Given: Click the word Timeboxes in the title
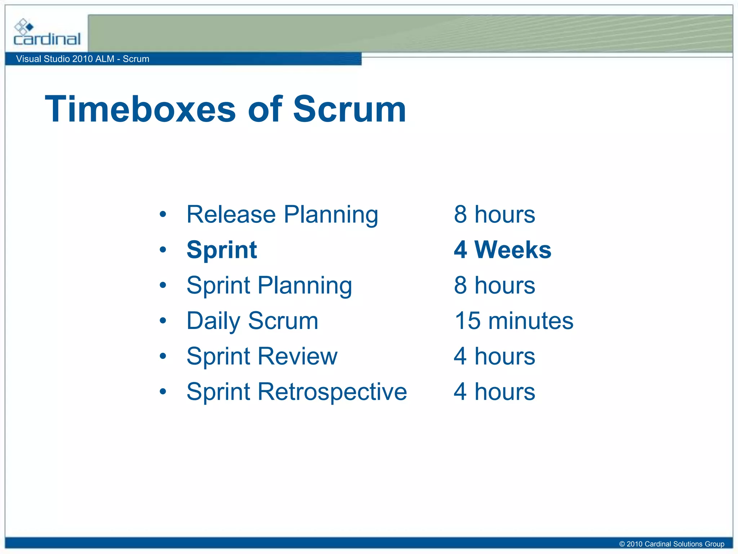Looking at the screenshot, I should point(140,109).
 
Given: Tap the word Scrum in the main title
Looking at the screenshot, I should point(349,109).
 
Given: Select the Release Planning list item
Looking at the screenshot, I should point(282,215).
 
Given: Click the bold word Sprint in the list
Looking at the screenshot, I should point(222,250).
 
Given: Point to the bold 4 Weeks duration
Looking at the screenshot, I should point(502,250).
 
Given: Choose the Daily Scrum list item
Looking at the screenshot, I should point(252,321).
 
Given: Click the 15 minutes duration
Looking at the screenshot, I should point(514,321).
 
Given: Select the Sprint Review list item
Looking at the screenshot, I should point(262,356).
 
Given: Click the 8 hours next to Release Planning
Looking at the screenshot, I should point(494,215).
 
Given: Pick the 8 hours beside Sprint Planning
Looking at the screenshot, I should point(494,285).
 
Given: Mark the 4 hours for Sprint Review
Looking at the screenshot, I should point(494,356).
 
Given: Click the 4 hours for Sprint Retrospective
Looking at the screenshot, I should point(494,392).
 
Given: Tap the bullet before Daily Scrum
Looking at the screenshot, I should point(163,321).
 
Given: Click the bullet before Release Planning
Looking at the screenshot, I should point(163,215).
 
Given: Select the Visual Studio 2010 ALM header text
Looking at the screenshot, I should point(83,59).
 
